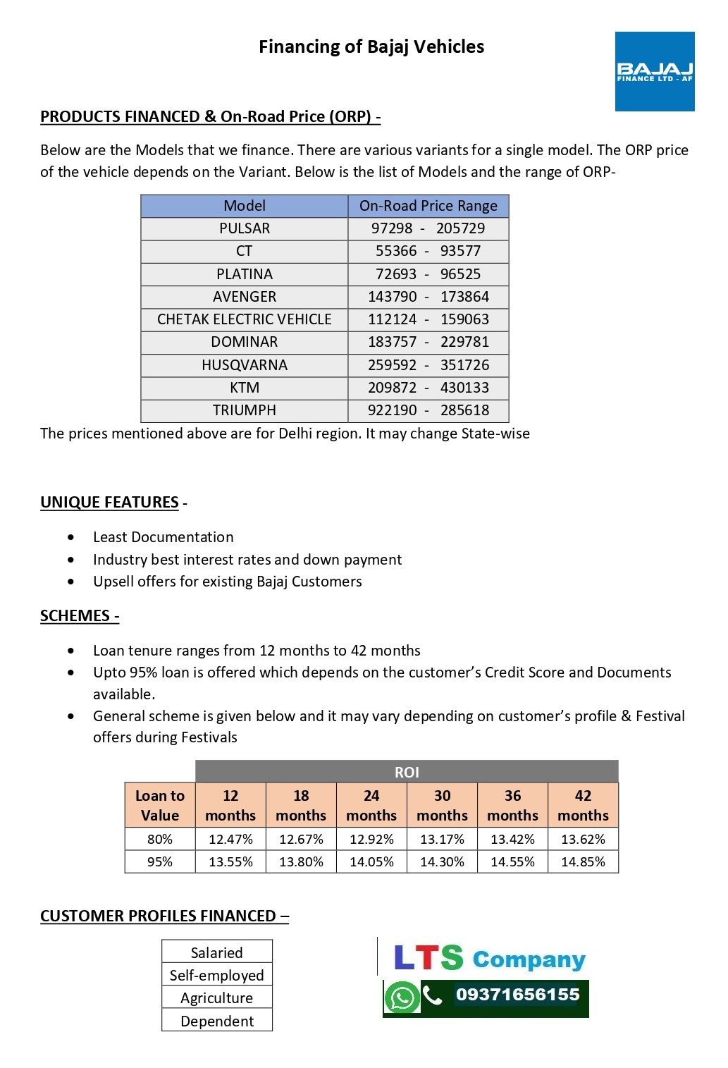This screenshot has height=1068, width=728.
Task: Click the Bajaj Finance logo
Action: [655, 71]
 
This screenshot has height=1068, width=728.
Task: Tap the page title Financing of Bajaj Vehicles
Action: [371, 47]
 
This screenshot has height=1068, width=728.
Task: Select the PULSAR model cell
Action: [245, 228]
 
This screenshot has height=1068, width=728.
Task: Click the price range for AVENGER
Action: [428, 297]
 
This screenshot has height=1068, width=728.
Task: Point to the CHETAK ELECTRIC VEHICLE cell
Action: [245, 319]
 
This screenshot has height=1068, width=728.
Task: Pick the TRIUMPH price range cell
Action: [428, 410]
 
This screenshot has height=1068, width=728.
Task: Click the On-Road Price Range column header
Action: [428, 206]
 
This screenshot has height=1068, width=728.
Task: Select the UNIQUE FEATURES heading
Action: [109, 503]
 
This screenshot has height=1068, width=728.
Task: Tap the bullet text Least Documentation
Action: [163, 537]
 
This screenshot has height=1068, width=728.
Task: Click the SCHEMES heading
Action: [75, 616]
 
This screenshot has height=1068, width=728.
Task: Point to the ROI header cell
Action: [407, 772]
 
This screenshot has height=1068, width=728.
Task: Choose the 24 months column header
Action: [371, 805]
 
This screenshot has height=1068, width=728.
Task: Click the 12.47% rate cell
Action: [230, 839]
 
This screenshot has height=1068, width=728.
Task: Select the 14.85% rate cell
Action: [583, 861]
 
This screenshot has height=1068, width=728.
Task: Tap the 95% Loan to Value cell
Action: [160, 861]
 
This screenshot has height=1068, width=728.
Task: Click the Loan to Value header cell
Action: [160, 805]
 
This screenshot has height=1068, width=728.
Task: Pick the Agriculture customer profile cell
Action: [216, 998]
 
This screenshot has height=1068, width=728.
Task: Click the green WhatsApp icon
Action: [402, 998]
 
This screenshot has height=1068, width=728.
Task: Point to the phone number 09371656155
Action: [517, 995]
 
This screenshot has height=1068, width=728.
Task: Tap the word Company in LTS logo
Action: [529, 959]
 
